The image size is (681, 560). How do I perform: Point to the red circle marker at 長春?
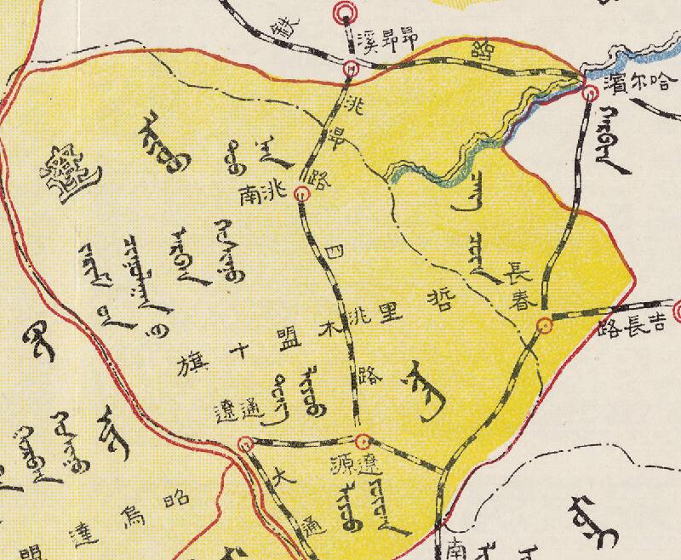544,324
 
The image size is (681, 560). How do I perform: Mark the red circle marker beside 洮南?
300,195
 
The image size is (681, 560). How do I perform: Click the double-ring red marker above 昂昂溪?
344,11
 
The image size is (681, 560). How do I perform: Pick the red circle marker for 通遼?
246,443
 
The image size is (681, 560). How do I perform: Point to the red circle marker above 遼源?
363,442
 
